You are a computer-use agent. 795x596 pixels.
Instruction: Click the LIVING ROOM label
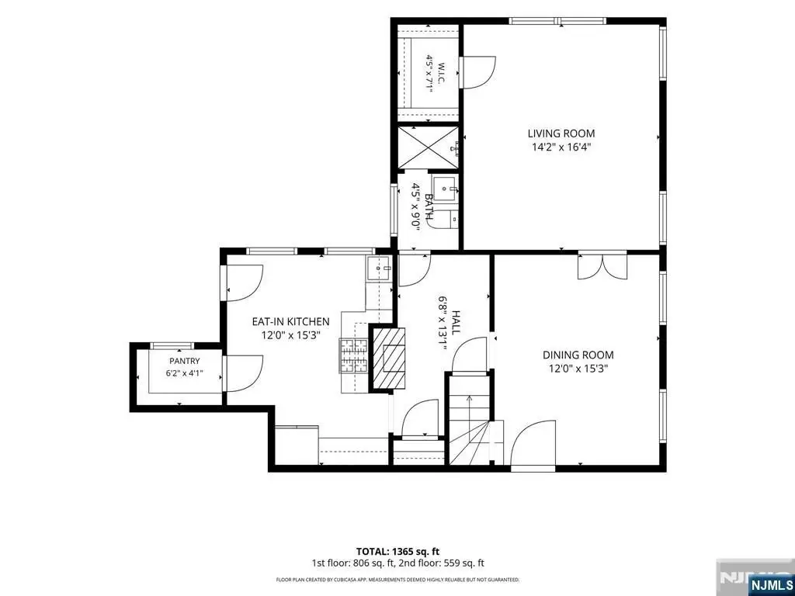(561, 133)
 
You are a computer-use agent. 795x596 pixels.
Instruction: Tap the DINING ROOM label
(578, 355)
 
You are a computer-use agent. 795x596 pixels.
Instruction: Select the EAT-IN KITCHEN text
(291, 321)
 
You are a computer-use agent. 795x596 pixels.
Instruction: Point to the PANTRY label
(185, 362)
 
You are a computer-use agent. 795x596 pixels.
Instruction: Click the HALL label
(456, 322)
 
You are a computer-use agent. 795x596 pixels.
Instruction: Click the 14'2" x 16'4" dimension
(561, 147)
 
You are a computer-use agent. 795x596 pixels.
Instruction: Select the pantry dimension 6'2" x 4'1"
(185, 374)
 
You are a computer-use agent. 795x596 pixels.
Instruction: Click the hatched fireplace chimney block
(389, 359)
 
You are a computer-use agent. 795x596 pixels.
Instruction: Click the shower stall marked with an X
(428, 147)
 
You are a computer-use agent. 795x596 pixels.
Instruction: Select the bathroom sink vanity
(445, 189)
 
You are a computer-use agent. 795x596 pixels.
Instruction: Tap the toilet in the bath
(446, 220)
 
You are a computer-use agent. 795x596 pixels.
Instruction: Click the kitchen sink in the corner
(378, 268)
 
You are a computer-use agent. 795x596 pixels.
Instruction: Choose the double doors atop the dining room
(602, 265)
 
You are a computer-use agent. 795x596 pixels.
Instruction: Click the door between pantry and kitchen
(242, 373)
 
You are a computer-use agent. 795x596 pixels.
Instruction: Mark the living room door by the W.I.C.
(477, 72)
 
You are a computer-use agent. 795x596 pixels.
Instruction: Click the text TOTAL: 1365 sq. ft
(398, 552)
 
